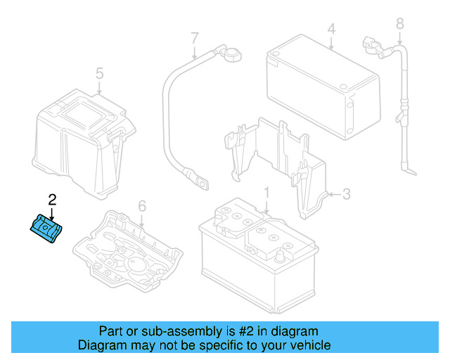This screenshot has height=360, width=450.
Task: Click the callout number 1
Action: coord(266,193)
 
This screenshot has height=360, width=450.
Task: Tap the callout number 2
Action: coord(51,200)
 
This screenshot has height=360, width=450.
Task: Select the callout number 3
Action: coord(346,194)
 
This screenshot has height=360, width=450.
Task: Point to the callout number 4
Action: coord(330,30)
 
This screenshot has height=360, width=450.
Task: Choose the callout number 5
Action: coord(99,73)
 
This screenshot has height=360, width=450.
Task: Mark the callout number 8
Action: coord(400,25)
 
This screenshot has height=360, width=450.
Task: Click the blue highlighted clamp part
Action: coord(46,229)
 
